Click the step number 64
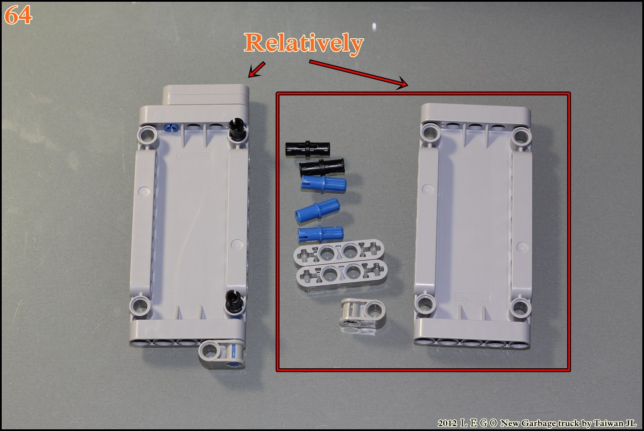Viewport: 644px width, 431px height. pos(18,15)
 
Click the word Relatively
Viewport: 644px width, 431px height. pos(304,43)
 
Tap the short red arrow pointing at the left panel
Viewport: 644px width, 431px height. pos(257,69)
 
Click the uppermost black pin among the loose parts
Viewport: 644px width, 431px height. pos(308,149)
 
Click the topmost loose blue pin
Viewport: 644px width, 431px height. pos(324,184)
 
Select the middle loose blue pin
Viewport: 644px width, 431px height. pos(318,211)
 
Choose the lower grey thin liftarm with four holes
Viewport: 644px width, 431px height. pos(342,274)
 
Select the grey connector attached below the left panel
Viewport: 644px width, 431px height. pos(222,354)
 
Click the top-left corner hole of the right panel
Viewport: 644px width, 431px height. pos(430,134)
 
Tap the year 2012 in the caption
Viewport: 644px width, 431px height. pos(447,423)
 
